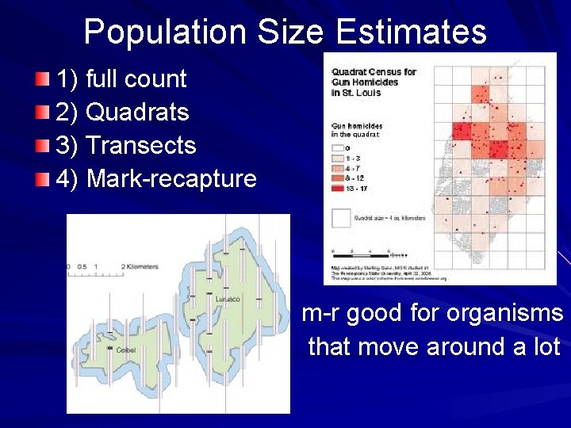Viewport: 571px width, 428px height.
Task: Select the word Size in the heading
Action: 290,33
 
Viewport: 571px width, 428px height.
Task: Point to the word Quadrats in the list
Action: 137,112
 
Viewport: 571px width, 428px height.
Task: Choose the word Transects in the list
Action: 140,145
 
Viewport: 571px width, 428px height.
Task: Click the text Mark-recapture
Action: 171,178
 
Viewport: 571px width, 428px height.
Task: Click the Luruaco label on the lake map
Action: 228,300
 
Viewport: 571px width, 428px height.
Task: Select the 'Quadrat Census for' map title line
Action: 374,72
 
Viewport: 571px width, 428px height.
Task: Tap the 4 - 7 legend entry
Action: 349,169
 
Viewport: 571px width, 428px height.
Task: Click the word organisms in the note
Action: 504,313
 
